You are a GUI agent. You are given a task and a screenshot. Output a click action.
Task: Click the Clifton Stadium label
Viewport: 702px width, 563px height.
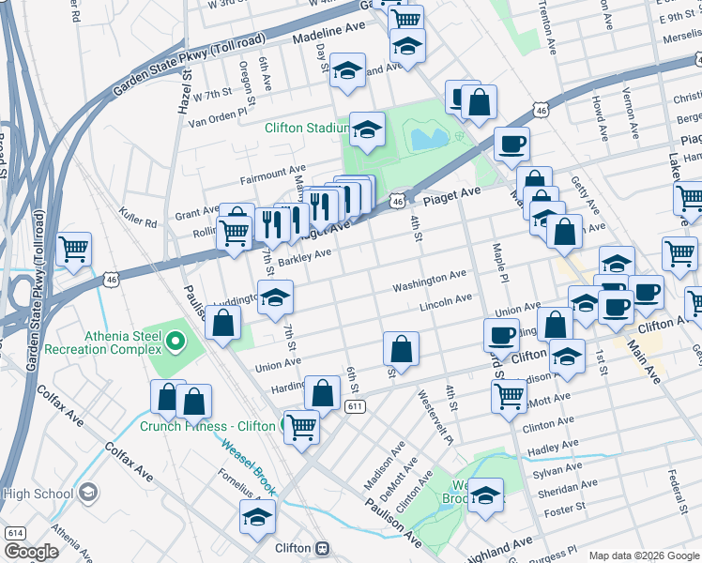click(307, 129)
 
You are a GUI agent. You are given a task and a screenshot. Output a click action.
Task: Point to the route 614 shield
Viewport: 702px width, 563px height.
click(14, 532)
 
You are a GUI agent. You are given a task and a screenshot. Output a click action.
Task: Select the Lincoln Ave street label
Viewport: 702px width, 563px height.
click(446, 301)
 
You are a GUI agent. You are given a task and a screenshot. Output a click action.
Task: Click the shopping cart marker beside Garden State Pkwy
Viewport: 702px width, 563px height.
click(73, 251)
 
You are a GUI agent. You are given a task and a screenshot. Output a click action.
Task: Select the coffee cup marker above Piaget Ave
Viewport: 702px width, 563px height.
click(511, 144)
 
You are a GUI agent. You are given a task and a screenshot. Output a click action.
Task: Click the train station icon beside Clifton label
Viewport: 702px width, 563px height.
click(322, 548)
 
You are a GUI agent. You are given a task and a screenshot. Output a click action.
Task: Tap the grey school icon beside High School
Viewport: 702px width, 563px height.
click(87, 493)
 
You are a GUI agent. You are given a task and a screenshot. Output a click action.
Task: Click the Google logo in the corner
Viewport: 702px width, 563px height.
click(31, 552)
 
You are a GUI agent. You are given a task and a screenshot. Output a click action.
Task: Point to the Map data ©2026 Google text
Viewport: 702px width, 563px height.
click(643, 555)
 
